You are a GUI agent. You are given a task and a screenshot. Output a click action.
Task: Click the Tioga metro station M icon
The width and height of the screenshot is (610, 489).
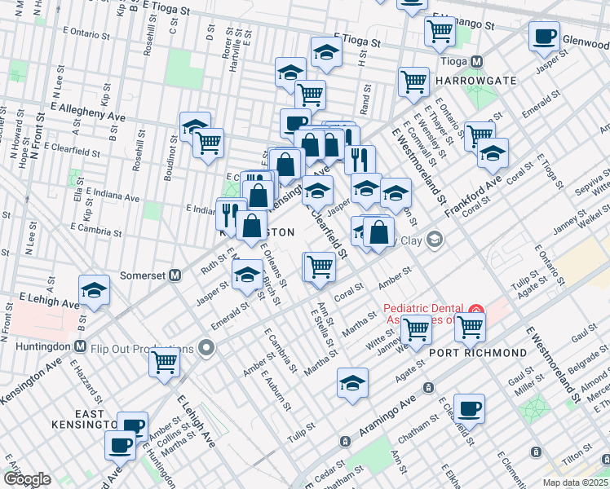[x=479, y=62]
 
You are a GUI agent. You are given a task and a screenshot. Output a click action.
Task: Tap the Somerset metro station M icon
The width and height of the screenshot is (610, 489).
[x=175, y=275]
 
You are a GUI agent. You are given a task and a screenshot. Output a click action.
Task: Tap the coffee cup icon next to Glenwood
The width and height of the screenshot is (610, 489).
[x=544, y=36]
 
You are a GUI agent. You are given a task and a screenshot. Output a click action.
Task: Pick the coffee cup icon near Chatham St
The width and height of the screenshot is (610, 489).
[x=468, y=408]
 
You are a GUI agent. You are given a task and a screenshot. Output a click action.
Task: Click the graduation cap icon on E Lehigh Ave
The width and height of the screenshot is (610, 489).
[x=95, y=290]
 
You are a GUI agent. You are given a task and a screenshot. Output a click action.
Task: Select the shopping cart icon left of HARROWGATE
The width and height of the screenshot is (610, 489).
[x=413, y=81]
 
